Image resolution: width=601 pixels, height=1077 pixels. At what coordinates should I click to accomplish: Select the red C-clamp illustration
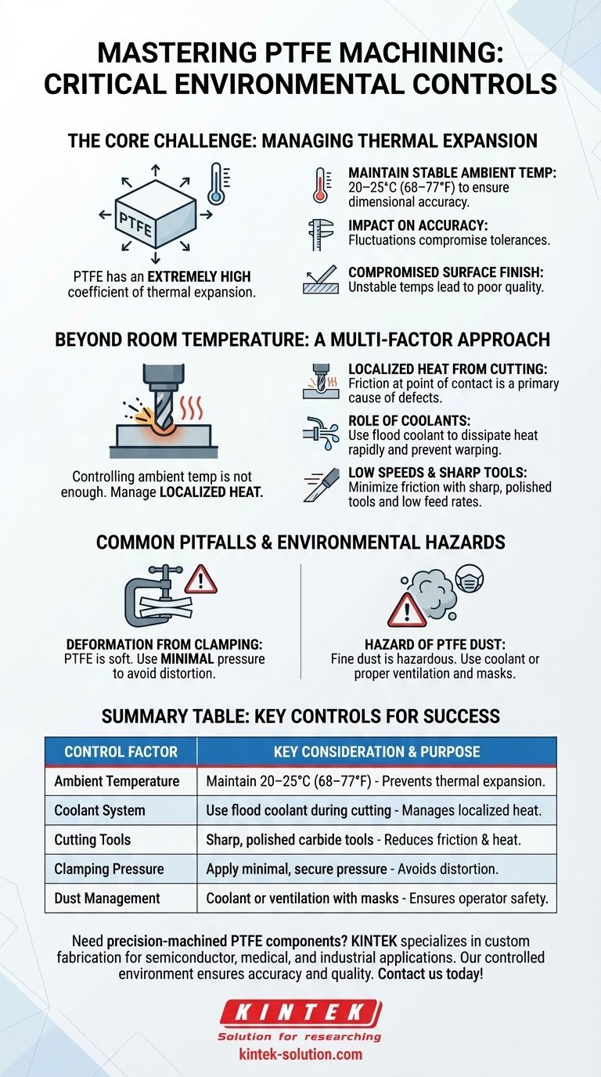pyautogui.click(x=153, y=598)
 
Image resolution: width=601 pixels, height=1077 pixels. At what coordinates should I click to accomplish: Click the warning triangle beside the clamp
pyautogui.click(x=200, y=579)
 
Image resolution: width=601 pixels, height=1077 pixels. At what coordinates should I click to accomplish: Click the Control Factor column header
pyautogui.click(x=121, y=751)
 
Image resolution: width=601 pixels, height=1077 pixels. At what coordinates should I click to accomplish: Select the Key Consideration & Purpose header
pyautogui.click(x=376, y=751)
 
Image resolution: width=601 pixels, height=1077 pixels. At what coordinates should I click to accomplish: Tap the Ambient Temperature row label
pyautogui.click(x=117, y=781)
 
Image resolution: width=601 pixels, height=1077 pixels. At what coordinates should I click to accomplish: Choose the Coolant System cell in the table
pyautogui.click(x=99, y=810)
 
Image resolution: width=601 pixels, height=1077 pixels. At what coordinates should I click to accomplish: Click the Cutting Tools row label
pyautogui.click(x=92, y=840)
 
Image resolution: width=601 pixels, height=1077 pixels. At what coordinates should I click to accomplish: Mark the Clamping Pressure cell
pyautogui.click(x=109, y=869)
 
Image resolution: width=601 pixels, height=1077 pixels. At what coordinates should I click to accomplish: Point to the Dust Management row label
pyautogui.click(x=107, y=899)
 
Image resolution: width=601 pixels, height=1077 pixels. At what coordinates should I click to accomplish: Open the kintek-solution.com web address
pyautogui.click(x=300, y=1054)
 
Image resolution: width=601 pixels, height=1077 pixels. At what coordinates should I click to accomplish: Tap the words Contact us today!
pyautogui.click(x=437, y=974)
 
